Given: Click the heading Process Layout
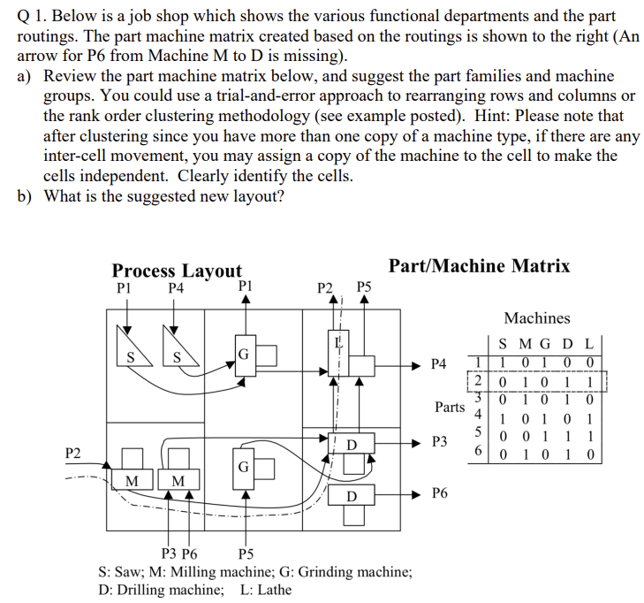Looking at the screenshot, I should point(177,271).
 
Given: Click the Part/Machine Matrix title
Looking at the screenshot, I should point(479,266).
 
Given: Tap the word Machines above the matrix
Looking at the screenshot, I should point(537,317).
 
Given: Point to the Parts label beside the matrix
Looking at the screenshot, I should point(450,407).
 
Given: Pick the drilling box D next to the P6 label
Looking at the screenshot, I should point(351,499).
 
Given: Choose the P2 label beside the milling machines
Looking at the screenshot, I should point(74,453).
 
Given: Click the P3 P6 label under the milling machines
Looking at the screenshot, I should point(181,555).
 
